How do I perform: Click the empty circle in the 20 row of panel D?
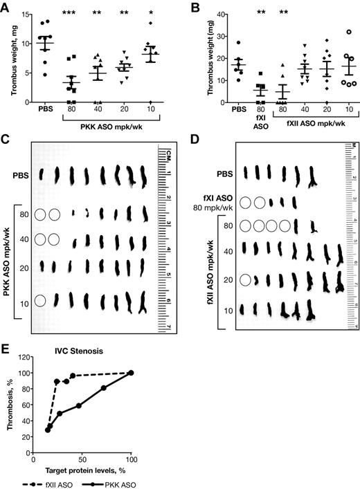[244, 280]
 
